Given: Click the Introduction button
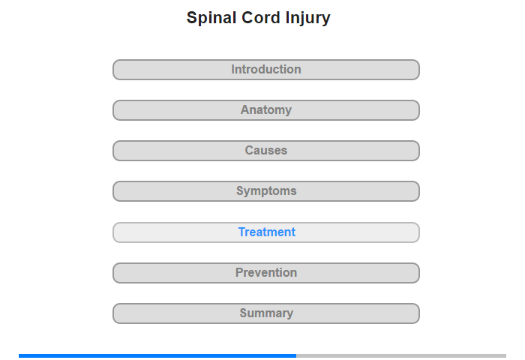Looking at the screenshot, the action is coord(265,70).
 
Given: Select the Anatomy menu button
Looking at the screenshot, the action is coord(265,110).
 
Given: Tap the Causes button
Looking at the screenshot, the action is coord(265,151).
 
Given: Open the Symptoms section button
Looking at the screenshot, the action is coord(265,191).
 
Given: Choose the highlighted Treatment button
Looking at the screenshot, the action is coord(265,232).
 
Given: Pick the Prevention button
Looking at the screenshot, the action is coord(265,273).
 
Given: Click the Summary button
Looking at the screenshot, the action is coord(265,313).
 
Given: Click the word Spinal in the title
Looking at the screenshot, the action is coord(211,18).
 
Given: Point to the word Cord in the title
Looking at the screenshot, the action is coord(261,17).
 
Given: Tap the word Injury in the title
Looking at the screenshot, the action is coord(307,18).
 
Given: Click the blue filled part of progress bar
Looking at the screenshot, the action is coord(157,356).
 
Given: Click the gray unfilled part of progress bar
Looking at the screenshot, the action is coord(401,356).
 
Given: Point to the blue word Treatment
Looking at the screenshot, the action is coord(266,232).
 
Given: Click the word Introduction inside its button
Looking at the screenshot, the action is coord(266,69).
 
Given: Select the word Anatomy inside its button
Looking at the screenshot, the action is coord(266,110).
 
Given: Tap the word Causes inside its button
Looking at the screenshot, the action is coord(266,150).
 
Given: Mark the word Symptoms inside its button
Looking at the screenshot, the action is coord(266,191).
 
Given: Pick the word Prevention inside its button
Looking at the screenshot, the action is coord(266,272).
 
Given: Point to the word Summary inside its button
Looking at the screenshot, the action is coord(266,313).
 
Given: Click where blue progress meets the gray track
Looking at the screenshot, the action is coord(296,356).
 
